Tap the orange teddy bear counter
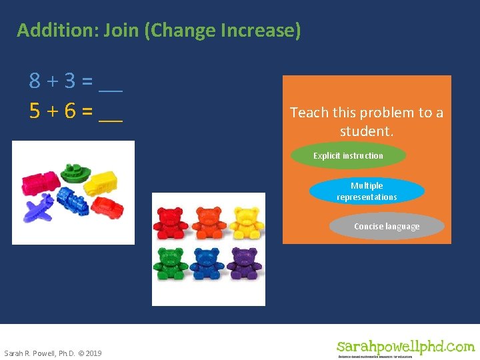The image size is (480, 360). tap(208, 223)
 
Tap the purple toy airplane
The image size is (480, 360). tap(39, 209)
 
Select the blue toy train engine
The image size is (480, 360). tap(72, 199)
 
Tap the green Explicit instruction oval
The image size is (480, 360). tap(349, 156)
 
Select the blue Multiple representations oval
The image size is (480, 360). tap(367, 191)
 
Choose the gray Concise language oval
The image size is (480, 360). tap(387, 227)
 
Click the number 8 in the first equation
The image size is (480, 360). tap(35, 81)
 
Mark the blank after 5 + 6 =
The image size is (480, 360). tap(111, 112)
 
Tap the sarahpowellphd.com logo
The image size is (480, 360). tap(405, 347)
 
